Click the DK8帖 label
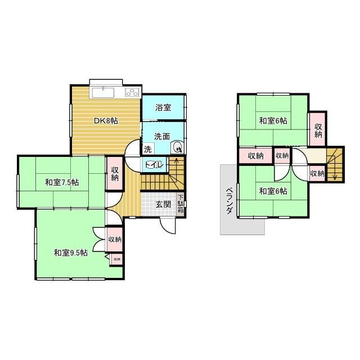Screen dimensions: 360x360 click(x=105, y=120)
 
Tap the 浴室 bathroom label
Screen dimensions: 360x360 click(x=163, y=107)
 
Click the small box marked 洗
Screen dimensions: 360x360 click(x=147, y=150)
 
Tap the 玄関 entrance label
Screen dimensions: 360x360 click(x=164, y=204)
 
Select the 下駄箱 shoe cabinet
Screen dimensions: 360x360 click(x=181, y=204)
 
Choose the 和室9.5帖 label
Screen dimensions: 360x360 click(x=70, y=252)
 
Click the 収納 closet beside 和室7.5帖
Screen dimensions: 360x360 click(x=114, y=174)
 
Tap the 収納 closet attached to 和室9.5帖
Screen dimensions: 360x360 click(x=114, y=240)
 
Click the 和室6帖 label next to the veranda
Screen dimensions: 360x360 click(x=273, y=191)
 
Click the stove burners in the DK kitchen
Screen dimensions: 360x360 click(x=133, y=92)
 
